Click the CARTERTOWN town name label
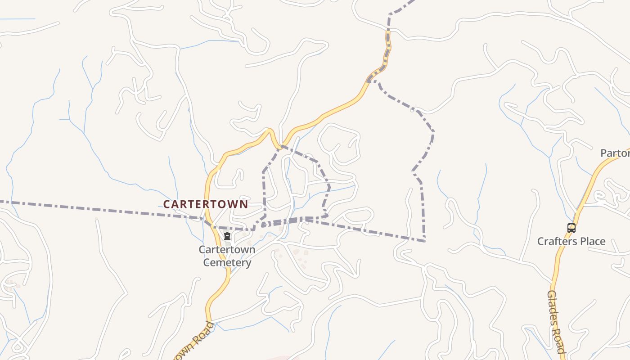click(205, 204)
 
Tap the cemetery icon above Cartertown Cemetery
click(227, 236)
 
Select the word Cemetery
click(227, 262)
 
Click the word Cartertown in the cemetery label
click(227, 249)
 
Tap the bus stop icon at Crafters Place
click(571, 228)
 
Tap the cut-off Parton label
click(616, 153)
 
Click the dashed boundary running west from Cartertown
click(90, 208)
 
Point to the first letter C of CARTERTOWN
click(166, 204)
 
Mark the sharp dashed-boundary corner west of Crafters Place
click(425, 241)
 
